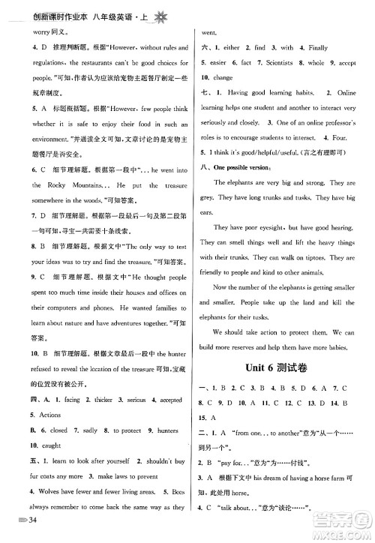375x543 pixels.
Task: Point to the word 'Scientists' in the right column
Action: coord(272,63)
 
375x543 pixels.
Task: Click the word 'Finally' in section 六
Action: coord(320,47)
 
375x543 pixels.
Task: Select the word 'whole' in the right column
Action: coord(316,63)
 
